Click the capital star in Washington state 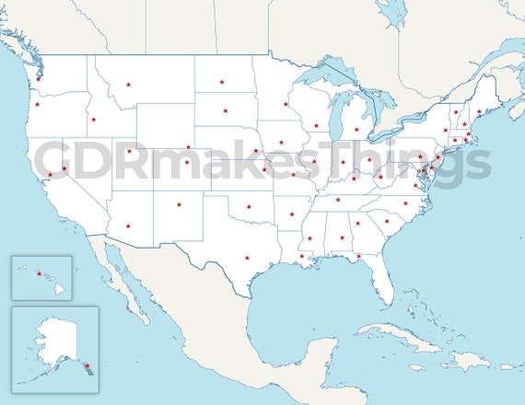coord(38,79)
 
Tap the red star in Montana coord(129,85)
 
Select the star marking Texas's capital coord(247,258)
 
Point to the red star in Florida coord(358,257)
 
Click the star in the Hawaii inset coord(39,272)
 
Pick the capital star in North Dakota coord(222,82)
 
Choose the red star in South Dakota coord(225,110)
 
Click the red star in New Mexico coord(179,204)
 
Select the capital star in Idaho coord(92,119)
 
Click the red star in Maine coord(479,111)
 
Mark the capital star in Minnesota coord(286,104)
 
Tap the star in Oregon coord(37,104)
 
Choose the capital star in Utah coord(129,151)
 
